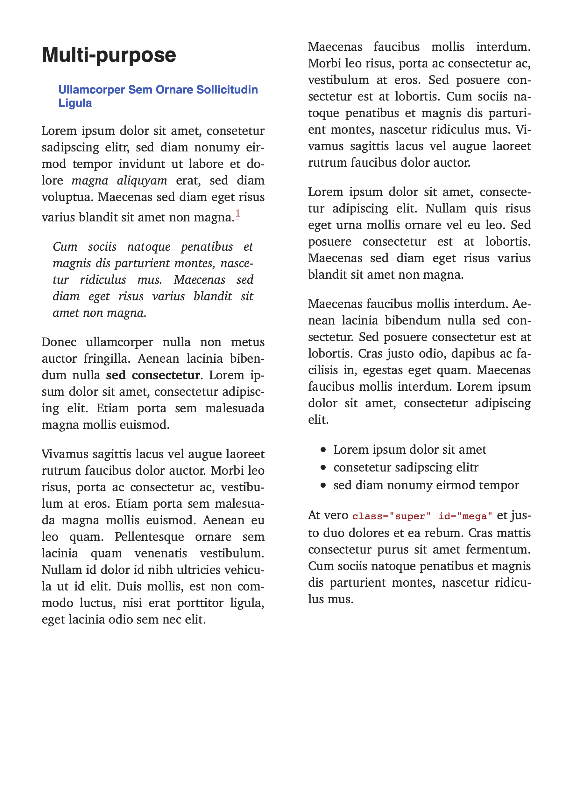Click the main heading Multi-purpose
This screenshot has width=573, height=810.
tap(109, 55)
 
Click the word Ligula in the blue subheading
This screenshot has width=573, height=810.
tap(75, 103)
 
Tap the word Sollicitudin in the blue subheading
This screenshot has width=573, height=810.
tap(227, 90)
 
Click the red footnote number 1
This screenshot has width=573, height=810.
tap(238, 213)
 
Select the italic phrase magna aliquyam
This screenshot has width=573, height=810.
tap(119, 181)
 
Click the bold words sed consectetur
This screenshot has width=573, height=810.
tap(153, 375)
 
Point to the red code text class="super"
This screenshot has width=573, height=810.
tap(391, 516)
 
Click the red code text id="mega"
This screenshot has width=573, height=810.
tap(465, 516)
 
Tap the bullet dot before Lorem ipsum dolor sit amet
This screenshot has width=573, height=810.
tap(323, 450)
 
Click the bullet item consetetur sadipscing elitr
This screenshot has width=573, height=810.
tap(406, 467)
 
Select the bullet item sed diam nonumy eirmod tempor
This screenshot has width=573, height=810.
tap(426, 485)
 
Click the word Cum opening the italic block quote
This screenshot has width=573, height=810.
tap(65, 247)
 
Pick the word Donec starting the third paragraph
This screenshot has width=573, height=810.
tap(59, 342)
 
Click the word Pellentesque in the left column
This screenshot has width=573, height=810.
tap(149, 537)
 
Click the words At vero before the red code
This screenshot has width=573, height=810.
tap(328, 515)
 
